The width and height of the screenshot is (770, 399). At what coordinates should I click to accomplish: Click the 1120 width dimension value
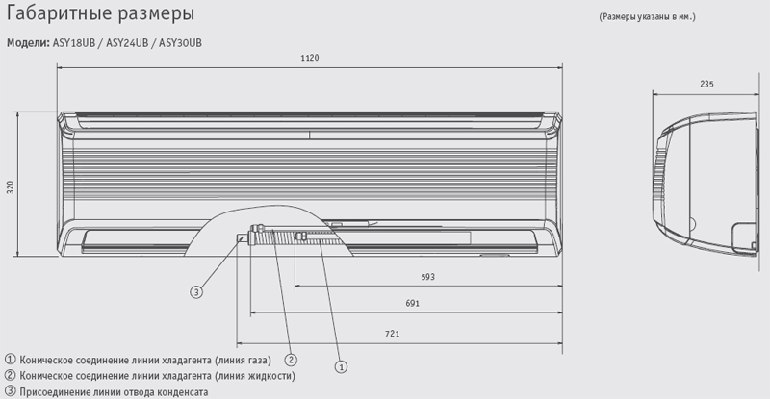click(309, 58)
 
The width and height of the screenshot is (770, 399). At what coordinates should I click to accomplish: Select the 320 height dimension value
click(11, 187)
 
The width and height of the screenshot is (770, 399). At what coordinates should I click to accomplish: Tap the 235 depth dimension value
click(706, 84)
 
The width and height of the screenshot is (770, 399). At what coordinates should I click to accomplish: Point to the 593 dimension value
click(427, 277)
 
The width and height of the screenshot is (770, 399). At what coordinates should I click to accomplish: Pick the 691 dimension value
click(413, 303)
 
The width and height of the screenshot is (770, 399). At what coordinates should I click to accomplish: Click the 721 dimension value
click(393, 334)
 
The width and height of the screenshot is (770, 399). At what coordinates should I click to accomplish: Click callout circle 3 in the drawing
click(196, 292)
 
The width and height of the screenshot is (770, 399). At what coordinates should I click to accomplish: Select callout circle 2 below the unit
click(291, 361)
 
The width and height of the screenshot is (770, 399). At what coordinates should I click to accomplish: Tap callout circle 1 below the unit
click(342, 366)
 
